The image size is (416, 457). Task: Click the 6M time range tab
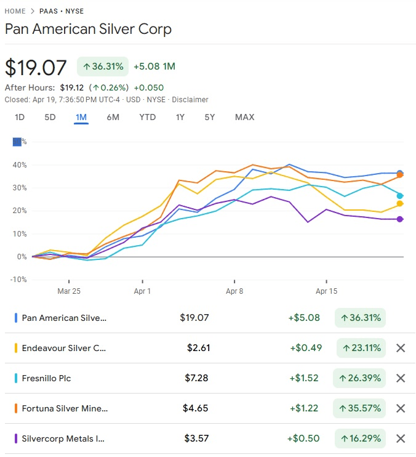(x=113, y=117)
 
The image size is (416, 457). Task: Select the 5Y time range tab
(x=210, y=117)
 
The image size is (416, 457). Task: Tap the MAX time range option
(x=244, y=117)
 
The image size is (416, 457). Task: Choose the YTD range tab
(x=148, y=117)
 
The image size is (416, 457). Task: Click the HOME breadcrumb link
(x=15, y=11)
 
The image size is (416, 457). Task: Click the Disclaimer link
(x=191, y=99)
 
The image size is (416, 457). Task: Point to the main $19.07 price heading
(x=36, y=67)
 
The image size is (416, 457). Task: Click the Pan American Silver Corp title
(x=88, y=29)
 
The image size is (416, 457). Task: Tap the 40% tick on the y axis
(x=18, y=165)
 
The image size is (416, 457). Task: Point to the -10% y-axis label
(x=18, y=279)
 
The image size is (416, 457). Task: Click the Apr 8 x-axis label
(x=234, y=291)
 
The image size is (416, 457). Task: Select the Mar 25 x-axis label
(x=68, y=291)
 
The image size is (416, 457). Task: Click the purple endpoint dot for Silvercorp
(x=400, y=219)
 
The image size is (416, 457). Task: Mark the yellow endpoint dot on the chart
(x=400, y=203)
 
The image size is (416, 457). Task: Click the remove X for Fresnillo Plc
(x=401, y=378)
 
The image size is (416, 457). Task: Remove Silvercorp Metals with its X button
(x=401, y=439)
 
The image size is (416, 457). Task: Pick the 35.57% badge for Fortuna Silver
(x=359, y=408)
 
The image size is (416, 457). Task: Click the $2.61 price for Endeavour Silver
(x=198, y=348)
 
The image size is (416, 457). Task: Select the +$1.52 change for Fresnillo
(x=304, y=378)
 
